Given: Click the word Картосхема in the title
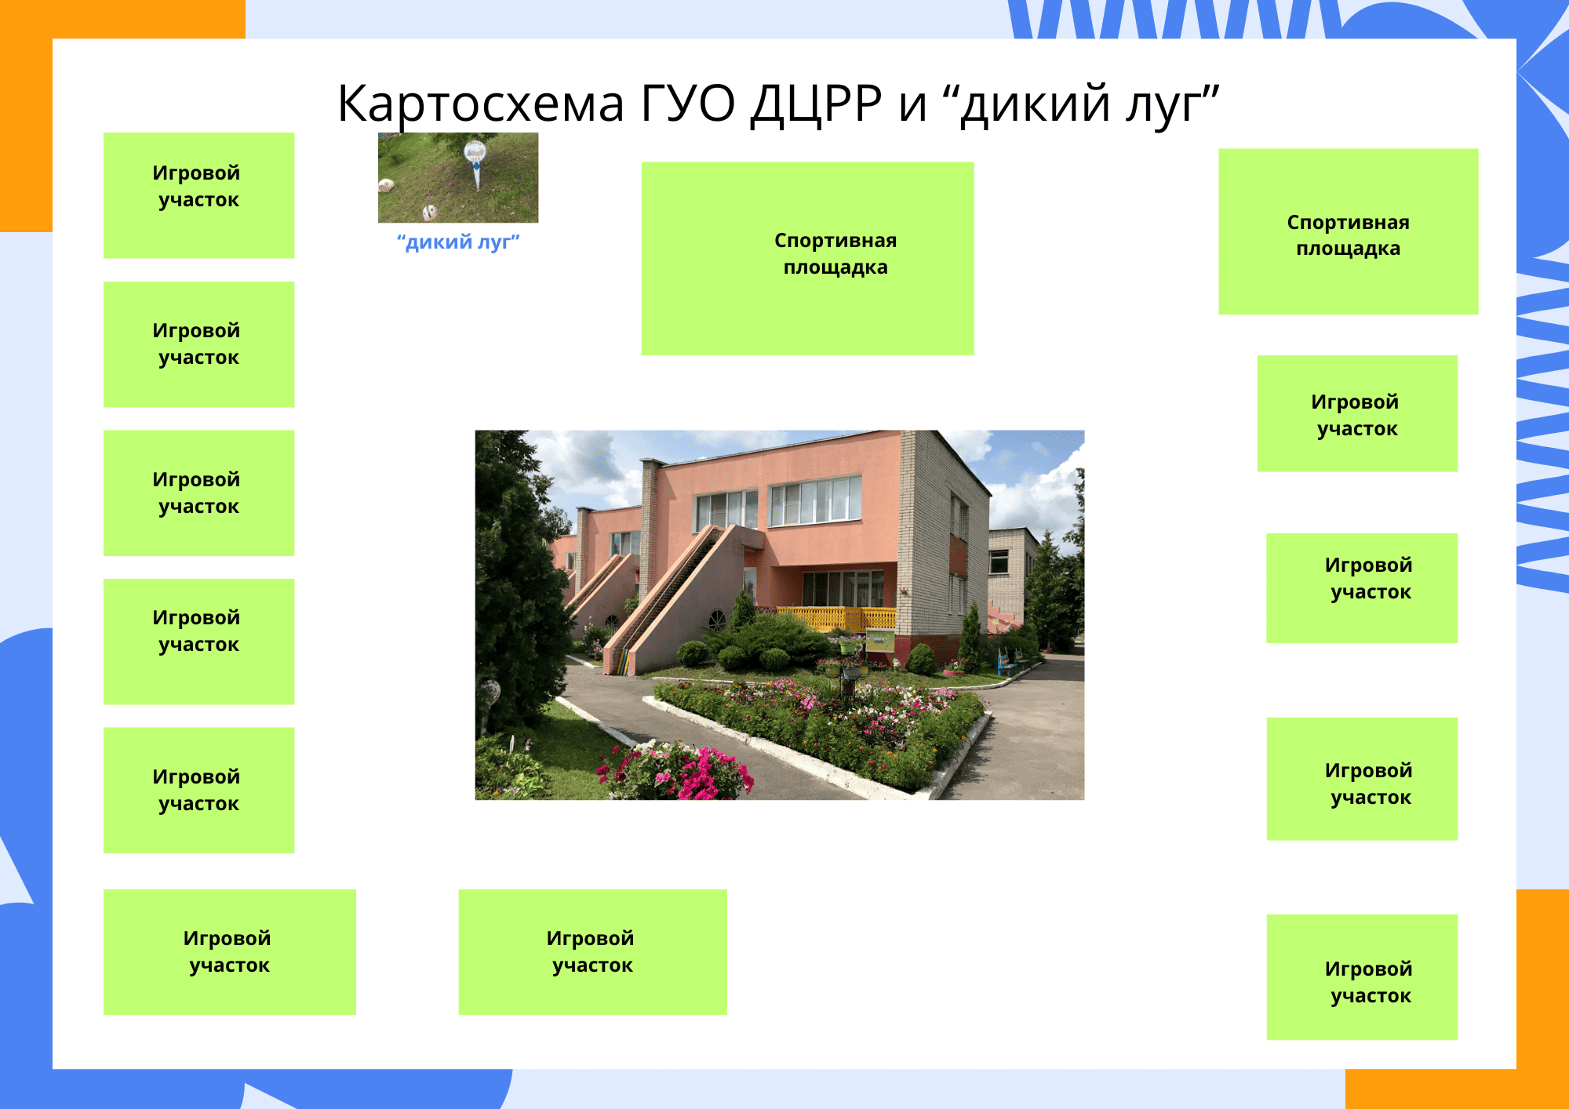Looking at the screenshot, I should tap(480, 104).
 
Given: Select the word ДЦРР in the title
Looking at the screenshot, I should tap(816, 104).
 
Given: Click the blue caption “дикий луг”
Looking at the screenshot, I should tap(458, 242).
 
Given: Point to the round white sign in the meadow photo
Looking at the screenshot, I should tap(475, 151).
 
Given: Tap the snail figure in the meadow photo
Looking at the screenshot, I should tap(387, 186).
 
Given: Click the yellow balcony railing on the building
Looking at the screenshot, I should tap(835, 618).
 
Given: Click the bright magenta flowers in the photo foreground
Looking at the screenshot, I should tap(690, 773).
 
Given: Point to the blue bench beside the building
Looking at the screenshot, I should tap(1004, 663).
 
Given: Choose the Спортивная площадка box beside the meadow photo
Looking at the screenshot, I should tap(807, 258).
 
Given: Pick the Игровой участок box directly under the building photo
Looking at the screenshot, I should tap(592, 951).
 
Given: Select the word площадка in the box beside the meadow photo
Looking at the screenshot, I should tap(835, 267).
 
